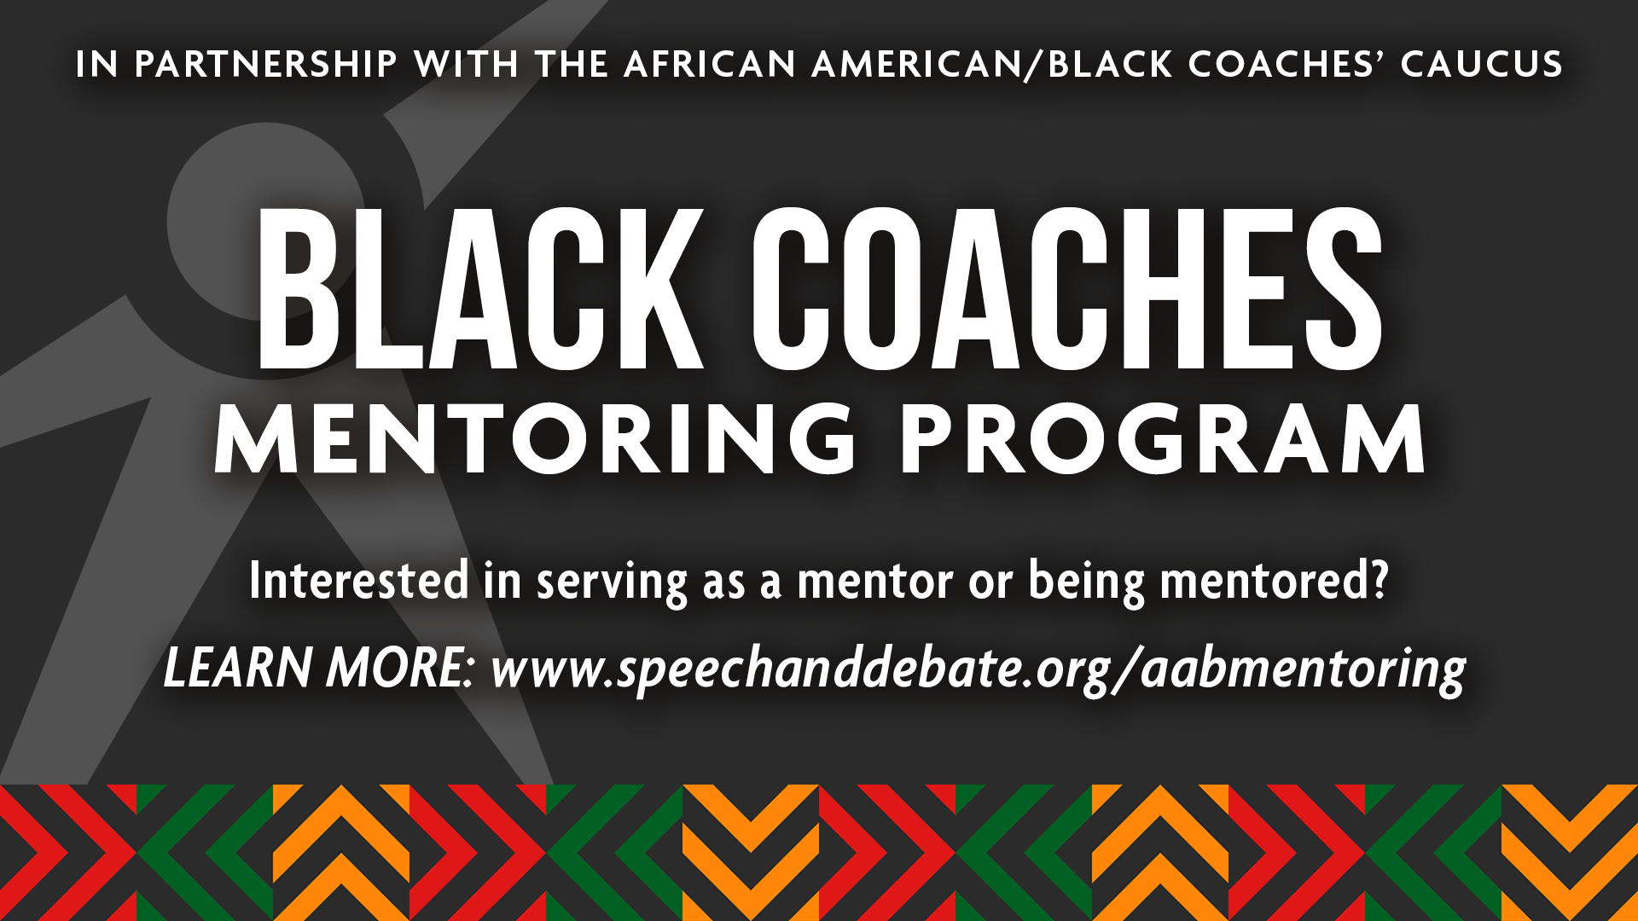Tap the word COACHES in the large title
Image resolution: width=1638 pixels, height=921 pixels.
[1066, 290]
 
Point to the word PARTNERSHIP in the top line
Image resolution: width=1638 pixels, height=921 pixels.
[266, 65]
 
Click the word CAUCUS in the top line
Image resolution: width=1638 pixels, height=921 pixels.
[1481, 65]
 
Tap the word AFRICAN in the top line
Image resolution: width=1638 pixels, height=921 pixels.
[710, 65]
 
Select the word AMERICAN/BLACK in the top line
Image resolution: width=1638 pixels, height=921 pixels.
[992, 65]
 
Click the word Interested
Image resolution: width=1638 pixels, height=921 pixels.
[359, 581]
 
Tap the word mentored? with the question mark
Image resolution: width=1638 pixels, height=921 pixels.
[1275, 581]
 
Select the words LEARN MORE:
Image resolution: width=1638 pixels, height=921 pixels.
[319, 668]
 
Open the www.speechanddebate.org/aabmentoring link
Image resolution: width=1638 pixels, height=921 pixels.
[978, 669]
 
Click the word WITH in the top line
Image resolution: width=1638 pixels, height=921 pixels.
[467, 65]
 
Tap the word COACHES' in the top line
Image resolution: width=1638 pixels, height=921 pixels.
[1287, 65]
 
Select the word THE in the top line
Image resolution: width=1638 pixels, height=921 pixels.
[571, 65]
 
